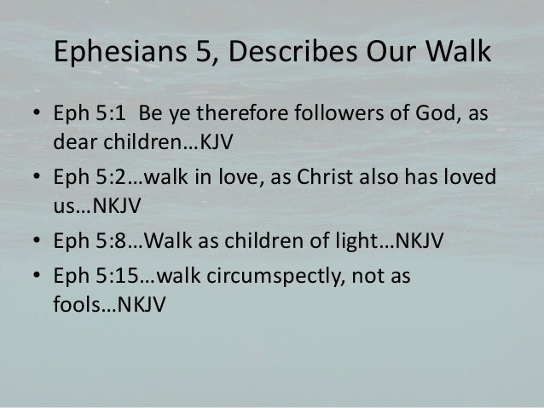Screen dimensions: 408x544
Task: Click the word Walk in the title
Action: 460,53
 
